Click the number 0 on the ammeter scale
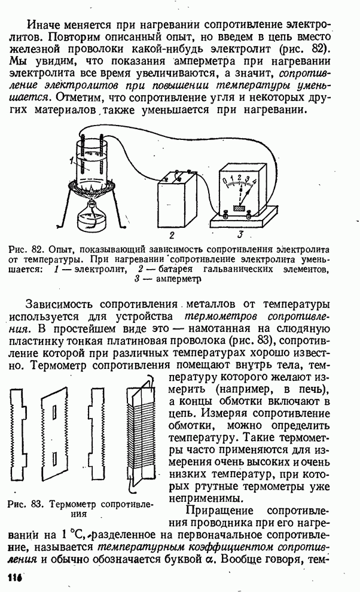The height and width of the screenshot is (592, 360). (x=224, y=180)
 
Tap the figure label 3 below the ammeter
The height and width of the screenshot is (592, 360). (x=240, y=234)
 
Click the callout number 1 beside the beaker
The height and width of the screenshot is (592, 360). (x=71, y=159)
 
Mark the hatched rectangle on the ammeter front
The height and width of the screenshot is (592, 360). (x=240, y=208)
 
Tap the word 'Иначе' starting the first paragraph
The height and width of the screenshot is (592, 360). (x=45, y=26)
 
